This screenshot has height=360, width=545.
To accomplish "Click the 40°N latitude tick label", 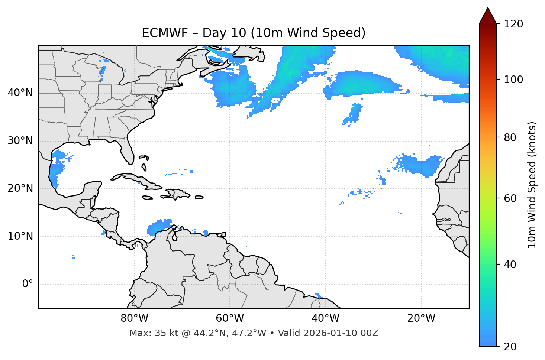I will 20,93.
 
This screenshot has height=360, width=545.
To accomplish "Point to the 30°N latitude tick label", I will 20,141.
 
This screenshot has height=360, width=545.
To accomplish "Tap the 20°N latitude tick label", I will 20,188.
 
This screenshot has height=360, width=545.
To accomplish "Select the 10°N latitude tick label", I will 20,236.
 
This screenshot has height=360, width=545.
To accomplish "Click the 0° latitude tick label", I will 27,284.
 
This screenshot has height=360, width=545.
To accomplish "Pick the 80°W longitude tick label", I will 134,318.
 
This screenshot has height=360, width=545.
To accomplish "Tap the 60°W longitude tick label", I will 230,318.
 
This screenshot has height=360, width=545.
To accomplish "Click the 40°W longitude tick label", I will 325,318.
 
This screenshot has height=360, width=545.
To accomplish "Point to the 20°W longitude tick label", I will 421,318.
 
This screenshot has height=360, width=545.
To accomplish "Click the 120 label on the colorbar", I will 513,24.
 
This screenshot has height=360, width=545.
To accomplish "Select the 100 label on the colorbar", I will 513,80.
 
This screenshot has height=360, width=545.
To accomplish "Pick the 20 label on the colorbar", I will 510,347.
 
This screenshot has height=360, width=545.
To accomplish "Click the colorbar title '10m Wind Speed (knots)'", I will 532,185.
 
